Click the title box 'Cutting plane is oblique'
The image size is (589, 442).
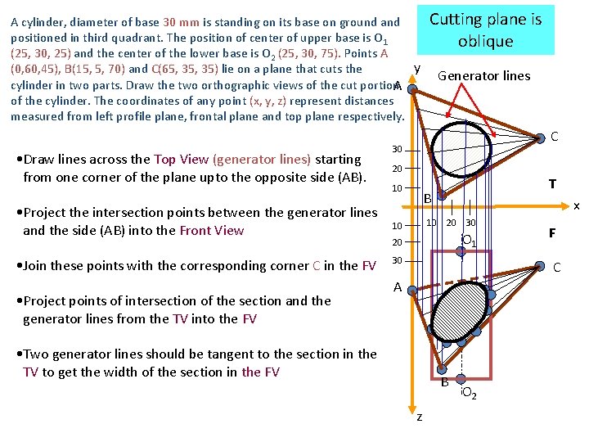(485, 30)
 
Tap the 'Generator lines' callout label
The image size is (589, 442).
(483, 76)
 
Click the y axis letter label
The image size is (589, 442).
(417, 68)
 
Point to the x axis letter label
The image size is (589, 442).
(576, 205)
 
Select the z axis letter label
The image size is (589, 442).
(420, 417)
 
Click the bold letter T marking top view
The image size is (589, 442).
(552, 184)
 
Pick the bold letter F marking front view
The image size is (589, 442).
(552, 233)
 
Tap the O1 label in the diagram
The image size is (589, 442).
(469, 241)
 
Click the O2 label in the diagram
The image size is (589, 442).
(470, 395)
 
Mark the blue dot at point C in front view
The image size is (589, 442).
(539, 265)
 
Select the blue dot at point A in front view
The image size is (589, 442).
(412, 290)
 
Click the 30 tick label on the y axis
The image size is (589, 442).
(397, 150)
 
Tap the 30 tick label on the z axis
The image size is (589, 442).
(397, 260)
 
